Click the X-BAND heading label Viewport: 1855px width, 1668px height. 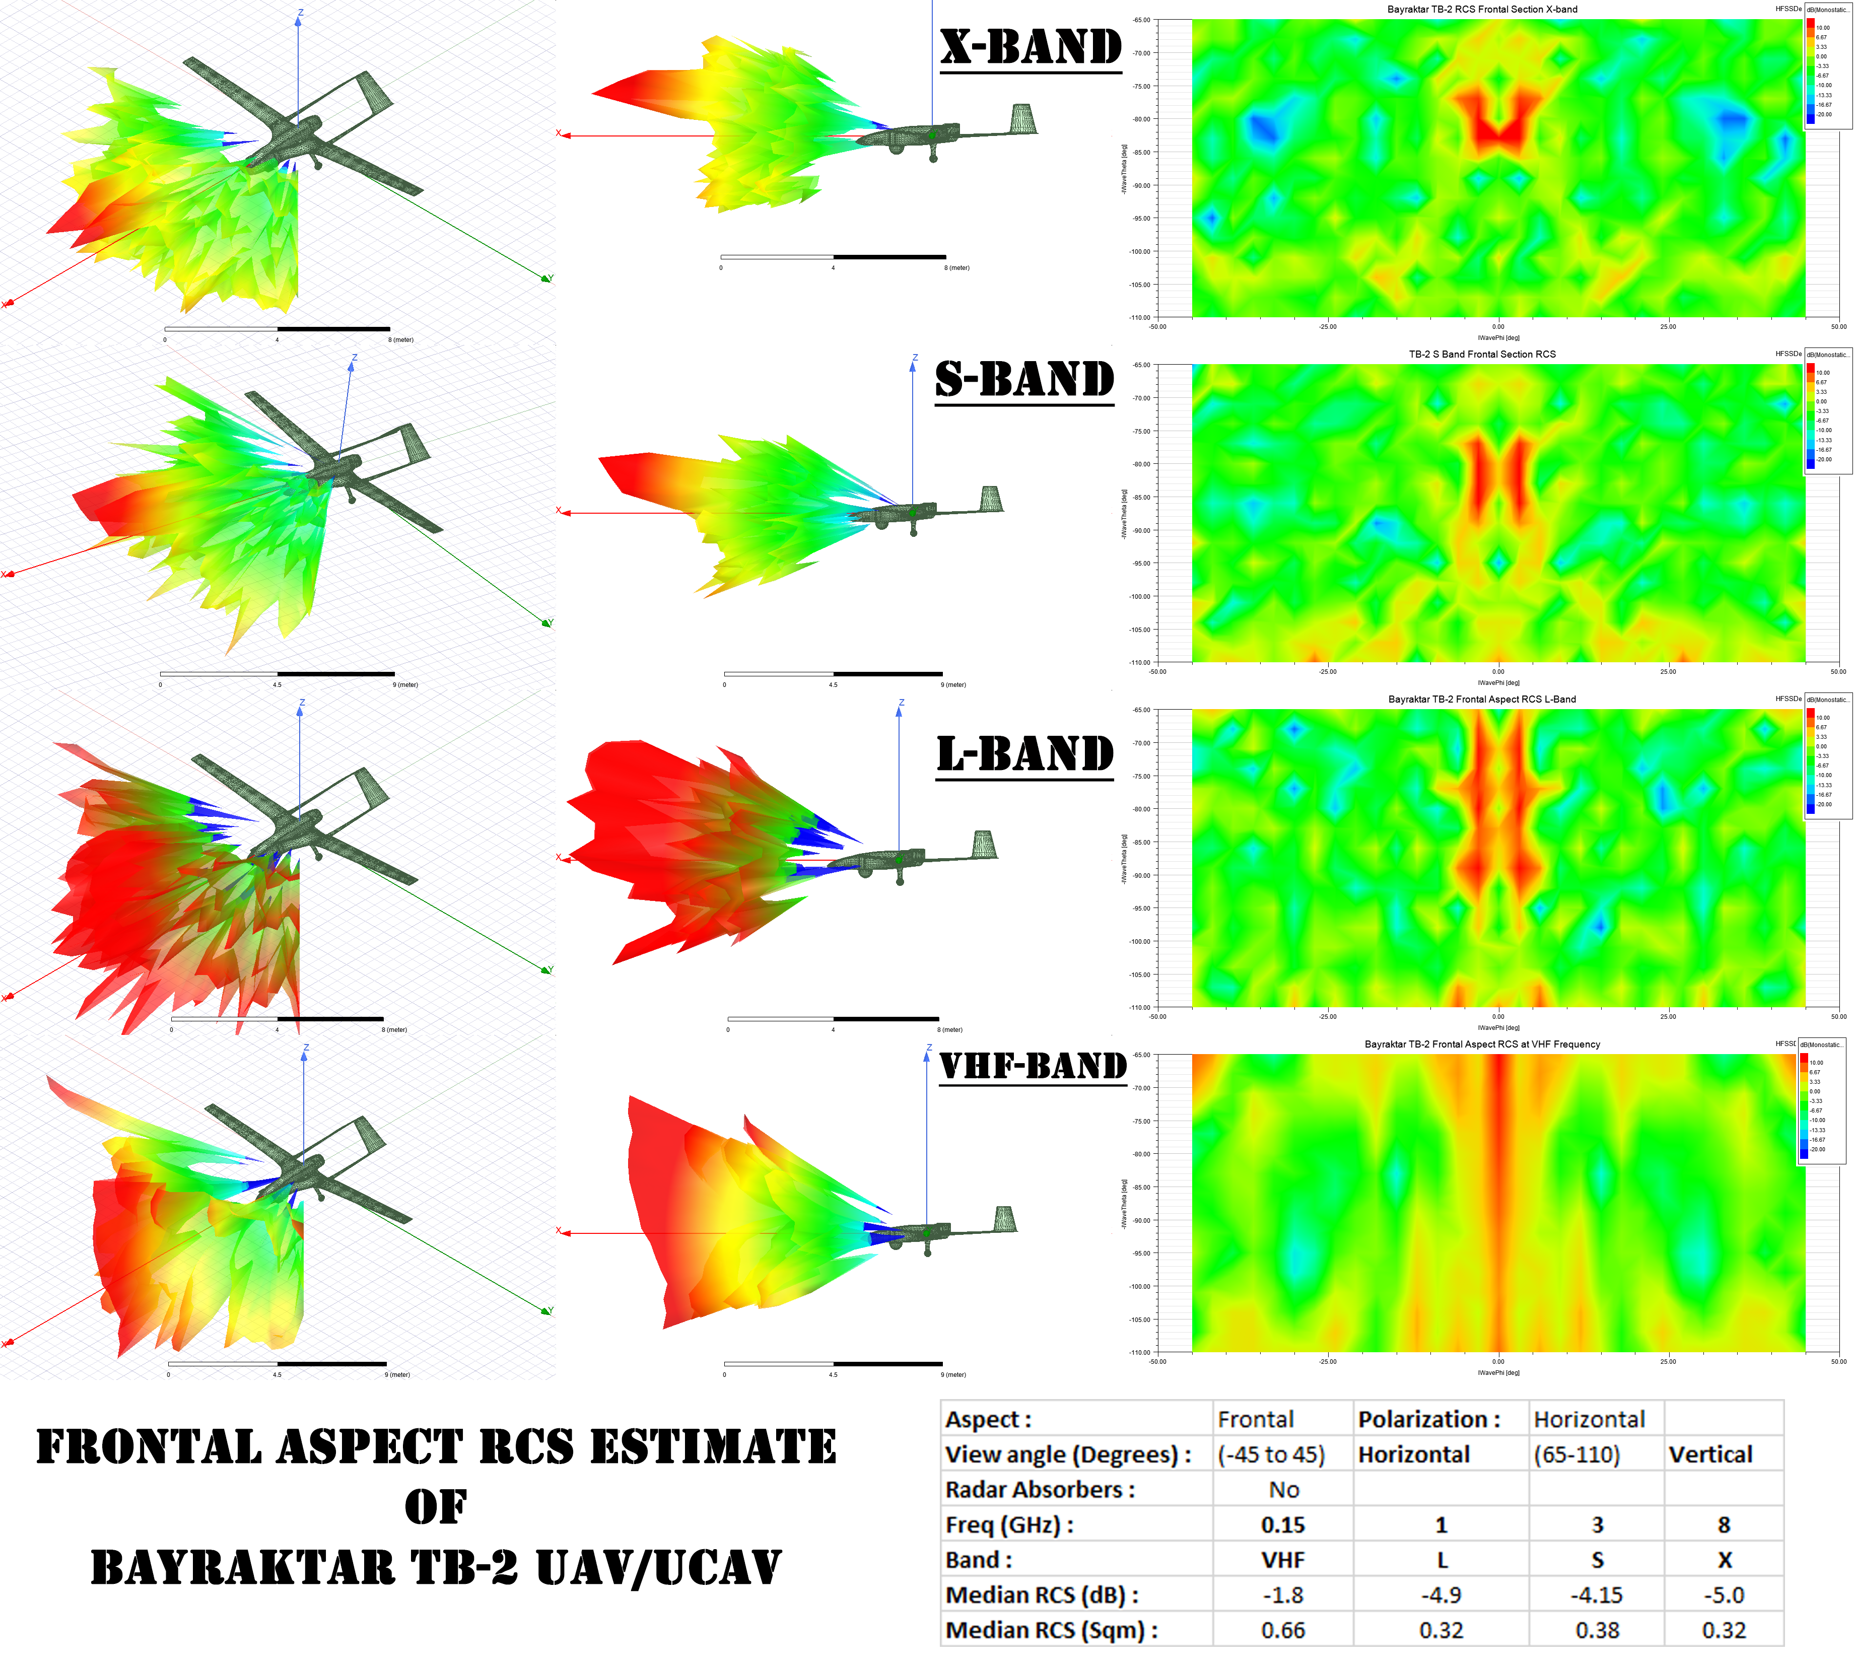tap(1031, 48)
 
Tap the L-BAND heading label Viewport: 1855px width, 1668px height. tap(1024, 754)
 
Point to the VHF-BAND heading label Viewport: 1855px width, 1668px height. tap(1033, 1066)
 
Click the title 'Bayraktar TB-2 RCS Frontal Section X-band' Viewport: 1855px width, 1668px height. tap(1482, 9)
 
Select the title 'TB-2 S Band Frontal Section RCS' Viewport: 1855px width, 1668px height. tap(1482, 354)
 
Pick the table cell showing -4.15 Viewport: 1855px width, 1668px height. tap(1597, 1595)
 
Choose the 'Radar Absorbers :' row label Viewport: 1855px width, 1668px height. tap(1039, 1490)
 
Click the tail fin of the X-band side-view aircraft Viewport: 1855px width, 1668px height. tap(1023, 119)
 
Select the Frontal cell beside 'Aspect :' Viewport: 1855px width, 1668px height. tap(1256, 1420)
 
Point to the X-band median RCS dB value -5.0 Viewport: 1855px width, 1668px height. tap(1723, 1595)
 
